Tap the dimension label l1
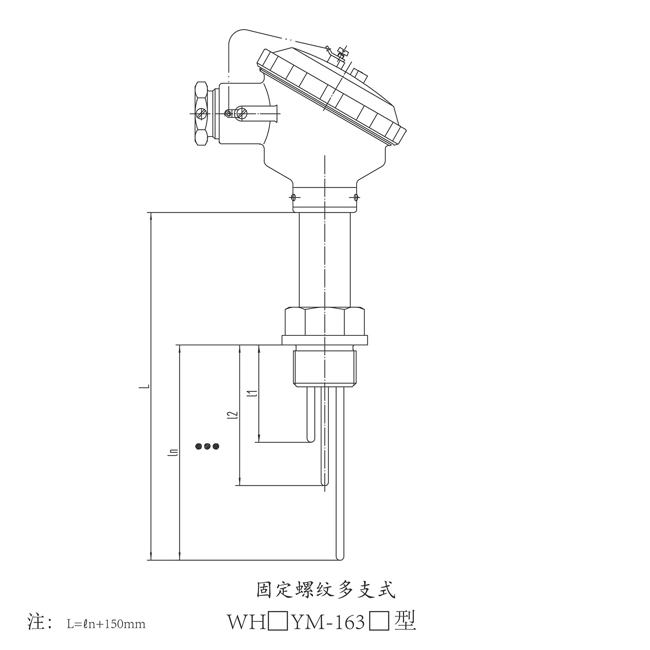tap(255, 393)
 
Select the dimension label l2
tap(235, 415)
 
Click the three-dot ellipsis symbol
tap(208, 446)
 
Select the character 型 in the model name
tap(405, 622)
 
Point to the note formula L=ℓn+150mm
tap(106, 624)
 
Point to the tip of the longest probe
tap(341, 557)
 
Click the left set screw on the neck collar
tap(294, 198)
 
